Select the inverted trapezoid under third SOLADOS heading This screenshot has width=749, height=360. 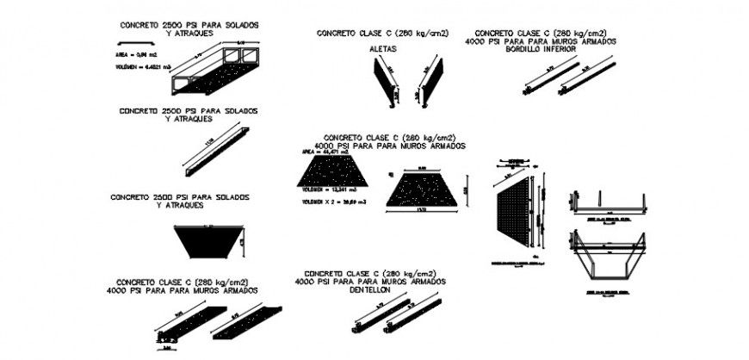click(x=206, y=241)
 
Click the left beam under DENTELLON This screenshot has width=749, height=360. click(x=377, y=314)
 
